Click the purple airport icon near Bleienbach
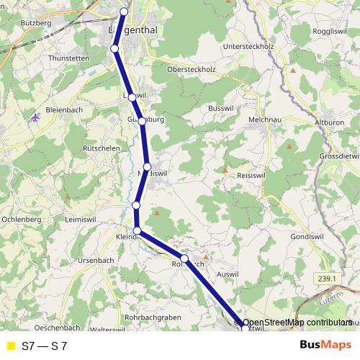[x=35, y=117]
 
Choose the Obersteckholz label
[x=192, y=70]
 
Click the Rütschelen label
[x=101, y=148]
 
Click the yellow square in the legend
[x=9, y=346]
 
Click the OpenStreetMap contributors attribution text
[x=292, y=323]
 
